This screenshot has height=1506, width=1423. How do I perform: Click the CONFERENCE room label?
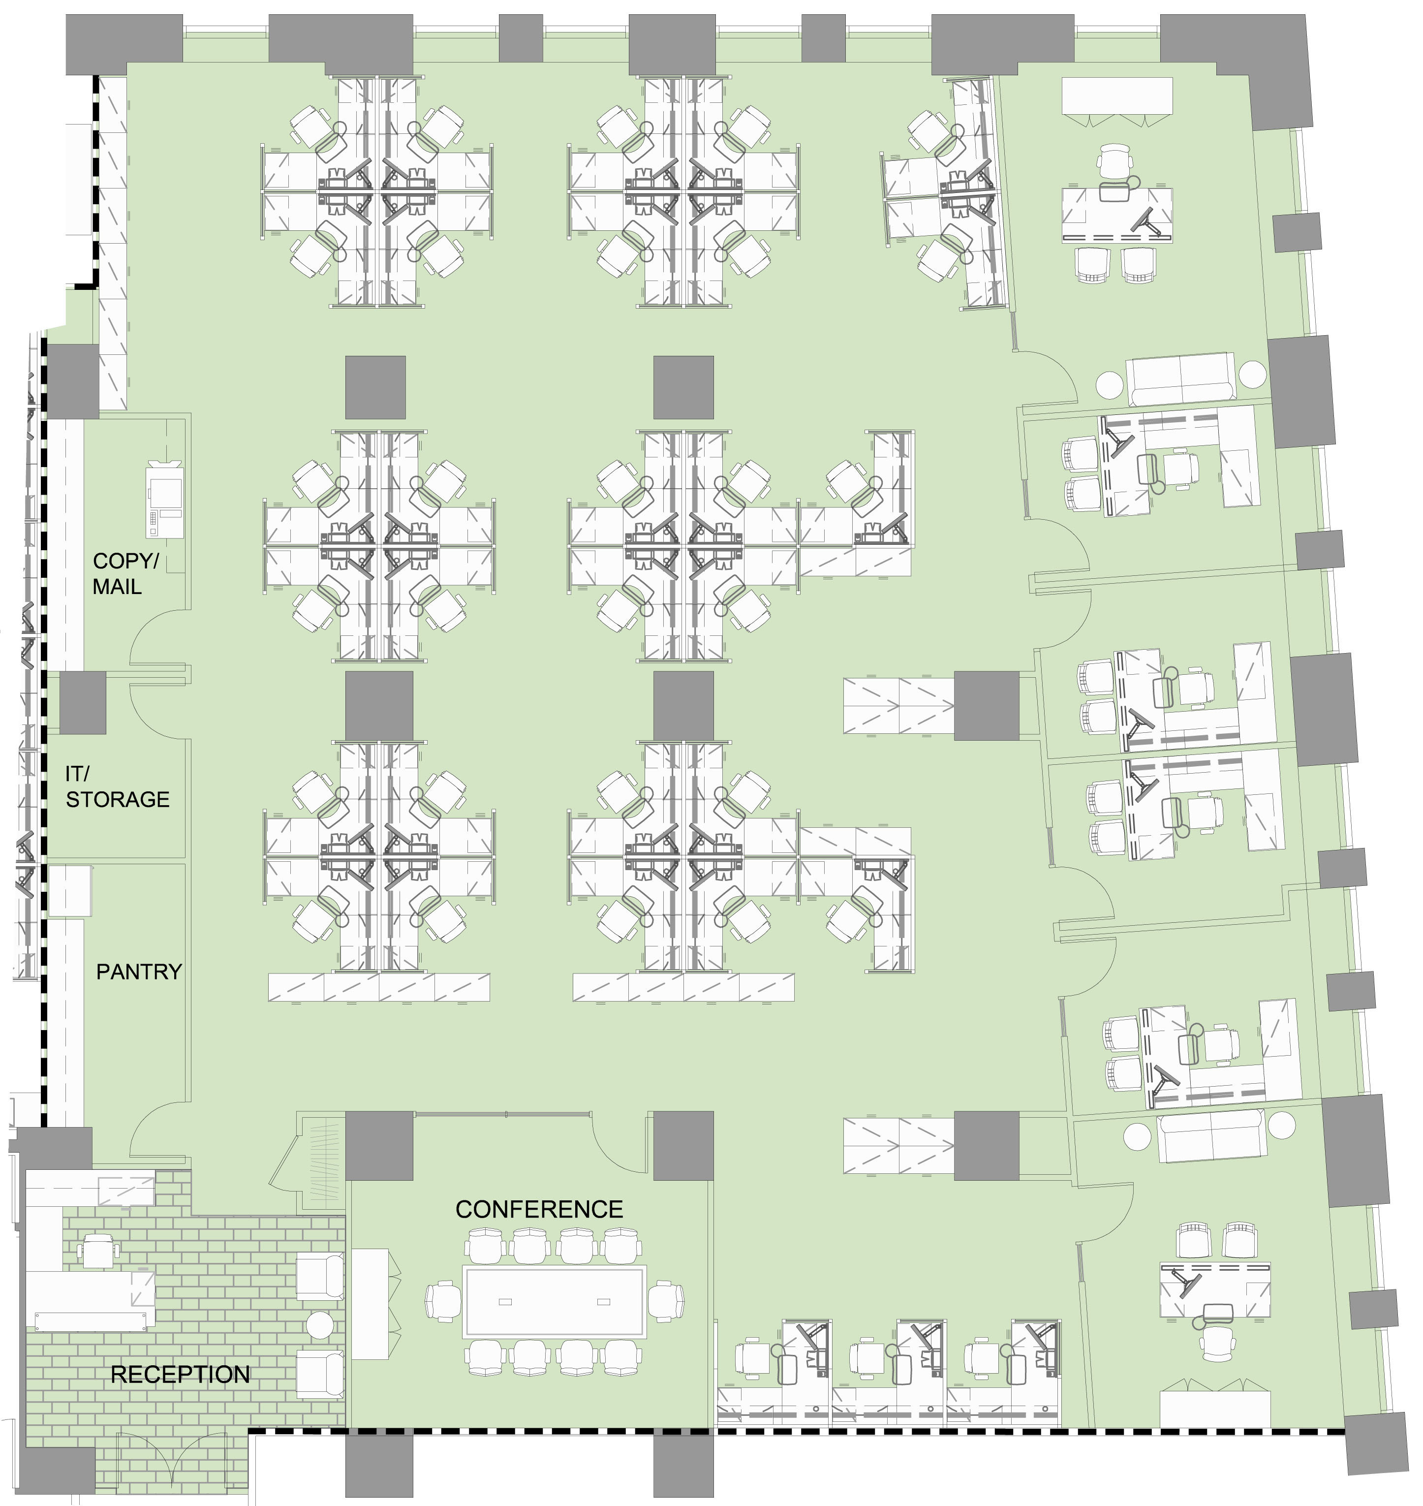[x=539, y=1209]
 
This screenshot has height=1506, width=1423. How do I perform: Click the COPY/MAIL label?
[x=126, y=573]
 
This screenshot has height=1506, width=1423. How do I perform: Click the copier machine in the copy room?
[x=165, y=499]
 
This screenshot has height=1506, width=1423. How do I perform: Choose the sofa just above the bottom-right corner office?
[x=1212, y=1136]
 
